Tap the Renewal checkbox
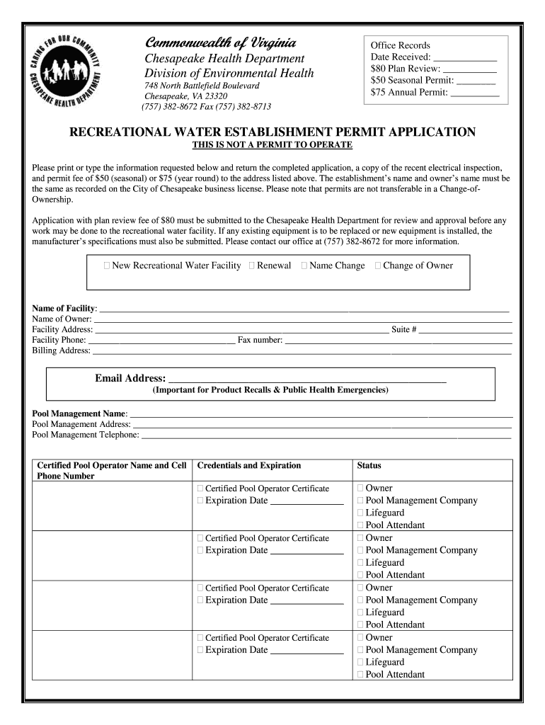click(x=253, y=266)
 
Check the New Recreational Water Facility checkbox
click(x=107, y=266)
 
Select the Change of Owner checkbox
click(x=378, y=266)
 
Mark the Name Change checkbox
click(x=304, y=266)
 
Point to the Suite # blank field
click(x=465, y=329)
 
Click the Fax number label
click(x=260, y=340)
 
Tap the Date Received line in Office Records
click(x=464, y=57)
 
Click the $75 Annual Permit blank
click(x=474, y=92)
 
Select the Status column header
click(x=369, y=465)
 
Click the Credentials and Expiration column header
click(x=248, y=465)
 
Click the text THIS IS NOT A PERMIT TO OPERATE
click(x=272, y=145)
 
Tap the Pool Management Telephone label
click(x=86, y=435)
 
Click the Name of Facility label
click(x=64, y=308)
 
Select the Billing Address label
click(x=61, y=350)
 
